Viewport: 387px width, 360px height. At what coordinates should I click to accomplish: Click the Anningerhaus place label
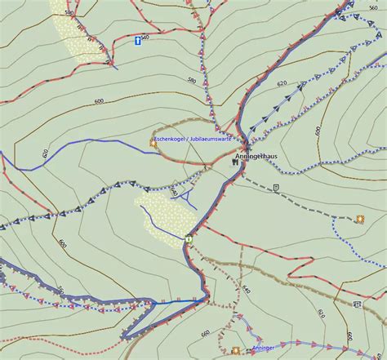coord(256,155)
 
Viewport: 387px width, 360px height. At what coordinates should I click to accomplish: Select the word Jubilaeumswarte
coord(210,139)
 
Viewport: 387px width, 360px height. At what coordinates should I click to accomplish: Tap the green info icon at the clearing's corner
coord(189,239)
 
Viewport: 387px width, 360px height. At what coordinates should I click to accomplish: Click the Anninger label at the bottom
coord(264,349)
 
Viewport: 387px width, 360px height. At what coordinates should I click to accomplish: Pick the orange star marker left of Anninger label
coord(236,350)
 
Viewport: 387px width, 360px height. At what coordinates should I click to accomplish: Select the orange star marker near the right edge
coord(359,218)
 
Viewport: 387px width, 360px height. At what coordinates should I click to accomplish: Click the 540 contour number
coord(145,38)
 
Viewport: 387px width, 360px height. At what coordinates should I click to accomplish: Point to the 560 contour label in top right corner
coord(372,8)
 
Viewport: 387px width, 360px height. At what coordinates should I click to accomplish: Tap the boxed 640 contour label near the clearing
coord(173,192)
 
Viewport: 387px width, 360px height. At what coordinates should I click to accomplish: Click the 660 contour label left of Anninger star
coord(206,333)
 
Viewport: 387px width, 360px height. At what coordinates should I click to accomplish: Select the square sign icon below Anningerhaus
coord(277,187)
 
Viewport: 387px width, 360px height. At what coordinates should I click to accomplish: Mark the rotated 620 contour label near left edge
coord(46,154)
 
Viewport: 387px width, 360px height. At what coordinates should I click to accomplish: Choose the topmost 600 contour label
coord(100,100)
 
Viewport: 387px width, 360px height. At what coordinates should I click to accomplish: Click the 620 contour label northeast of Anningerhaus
coord(282,84)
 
